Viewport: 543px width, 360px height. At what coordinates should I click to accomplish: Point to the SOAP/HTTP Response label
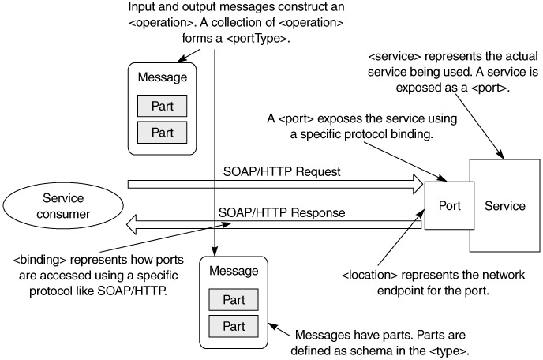[x=271, y=211]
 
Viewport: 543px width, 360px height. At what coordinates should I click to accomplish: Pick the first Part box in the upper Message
[x=162, y=106]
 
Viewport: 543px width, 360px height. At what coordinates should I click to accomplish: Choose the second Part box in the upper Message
[x=162, y=131]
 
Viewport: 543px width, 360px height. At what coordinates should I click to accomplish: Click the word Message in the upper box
[x=162, y=78]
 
